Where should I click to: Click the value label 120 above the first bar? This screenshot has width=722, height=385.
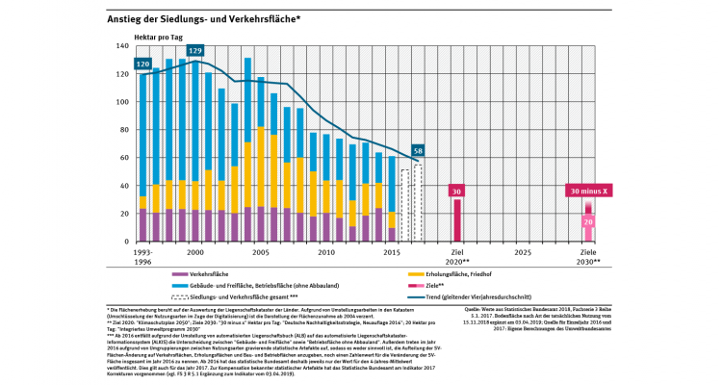pyautogui.click(x=143, y=64)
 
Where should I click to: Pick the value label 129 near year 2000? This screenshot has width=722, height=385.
pyautogui.click(x=195, y=50)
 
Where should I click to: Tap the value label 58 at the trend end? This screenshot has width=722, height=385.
pyautogui.click(x=418, y=150)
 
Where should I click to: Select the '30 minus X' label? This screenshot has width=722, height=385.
pyautogui.click(x=587, y=191)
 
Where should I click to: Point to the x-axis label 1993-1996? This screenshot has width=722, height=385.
pyautogui.click(x=142, y=256)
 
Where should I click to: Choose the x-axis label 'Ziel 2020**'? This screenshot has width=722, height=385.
pyautogui.click(x=457, y=256)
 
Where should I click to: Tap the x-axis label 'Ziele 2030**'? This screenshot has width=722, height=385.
pyautogui.click(x=587, y=256)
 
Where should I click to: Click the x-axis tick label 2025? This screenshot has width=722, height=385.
pyautogui.click(x=523, y=251)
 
